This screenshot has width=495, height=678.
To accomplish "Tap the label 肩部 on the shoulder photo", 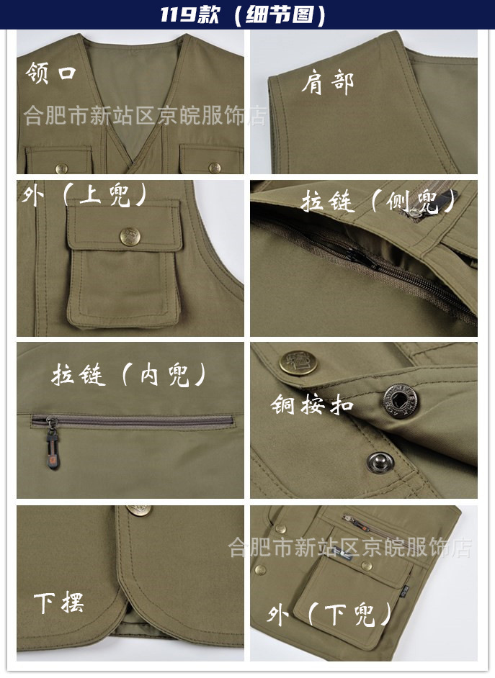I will (327, 83).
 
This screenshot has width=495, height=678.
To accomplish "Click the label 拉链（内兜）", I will (130, 374).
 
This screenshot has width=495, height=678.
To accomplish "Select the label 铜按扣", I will (312, 404).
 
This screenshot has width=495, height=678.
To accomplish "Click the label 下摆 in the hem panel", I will (58, 602).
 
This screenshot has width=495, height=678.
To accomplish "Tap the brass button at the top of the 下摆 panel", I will (140, 510).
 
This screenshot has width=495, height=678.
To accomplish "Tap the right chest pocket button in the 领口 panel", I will (214, 168).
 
